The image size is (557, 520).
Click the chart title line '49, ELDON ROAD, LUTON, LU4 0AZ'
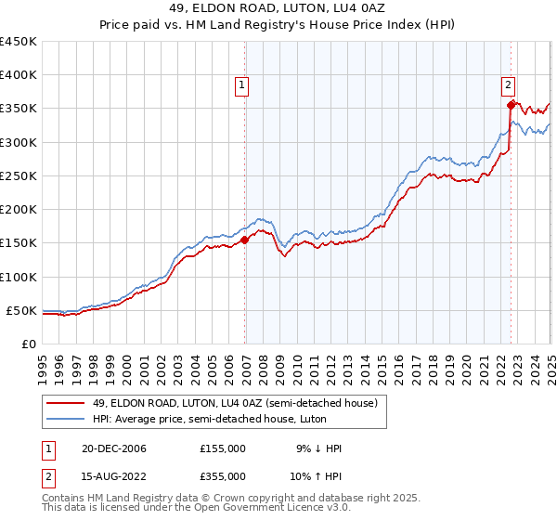click(x=278, y=9)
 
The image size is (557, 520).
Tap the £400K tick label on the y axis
click(x=19, y=75)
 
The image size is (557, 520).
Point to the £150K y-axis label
click(x=19, y=243)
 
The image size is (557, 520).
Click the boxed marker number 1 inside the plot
click(x=241, y=85)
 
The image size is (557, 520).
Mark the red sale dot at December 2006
click(x=245, y=240)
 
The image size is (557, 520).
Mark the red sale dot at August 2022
click(x=511, y=105)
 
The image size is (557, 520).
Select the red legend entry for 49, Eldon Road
click(x=227, y=403)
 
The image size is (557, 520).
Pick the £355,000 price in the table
click(x=223, y=477)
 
